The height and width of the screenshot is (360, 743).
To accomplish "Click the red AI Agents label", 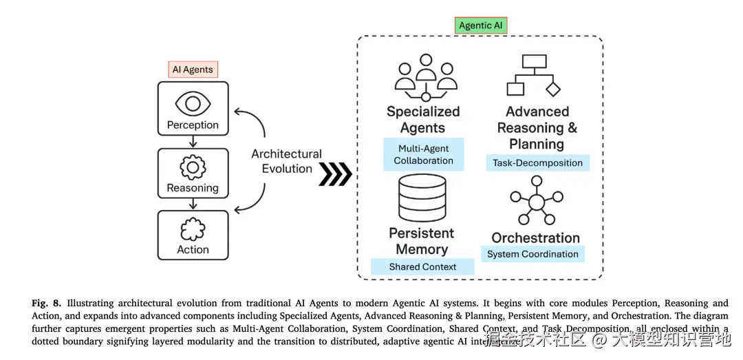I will [x=193, y=70].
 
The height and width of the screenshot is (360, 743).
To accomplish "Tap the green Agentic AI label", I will [x=481, y=25].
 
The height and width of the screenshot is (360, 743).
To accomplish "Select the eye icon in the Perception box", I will [x=193, y=103].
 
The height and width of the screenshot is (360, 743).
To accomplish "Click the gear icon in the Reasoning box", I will [x=193, y=168].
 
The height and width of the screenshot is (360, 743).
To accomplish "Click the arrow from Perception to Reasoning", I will [x=193, y=141].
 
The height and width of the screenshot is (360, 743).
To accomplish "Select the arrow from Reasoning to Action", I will [x=193, y=203].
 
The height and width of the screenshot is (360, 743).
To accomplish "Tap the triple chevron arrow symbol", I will [x=336, y=175].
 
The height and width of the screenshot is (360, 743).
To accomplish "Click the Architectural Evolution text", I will [x=286, y=161].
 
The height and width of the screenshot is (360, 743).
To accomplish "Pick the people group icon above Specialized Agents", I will [x=424, y=77].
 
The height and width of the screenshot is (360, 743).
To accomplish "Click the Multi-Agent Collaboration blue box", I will [x=423, y=154].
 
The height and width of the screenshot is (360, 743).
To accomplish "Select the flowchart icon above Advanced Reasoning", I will [x=533, y=75].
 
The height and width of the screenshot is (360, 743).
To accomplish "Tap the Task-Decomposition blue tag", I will [x=537, y=163].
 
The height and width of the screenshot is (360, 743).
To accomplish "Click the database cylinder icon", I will [x=422, y=198].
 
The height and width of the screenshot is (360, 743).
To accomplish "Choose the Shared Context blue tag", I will [x=422, y=266].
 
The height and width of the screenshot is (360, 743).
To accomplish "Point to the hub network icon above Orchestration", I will [x=536, y=200].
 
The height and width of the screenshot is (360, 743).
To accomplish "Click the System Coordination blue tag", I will [x=532, y=254].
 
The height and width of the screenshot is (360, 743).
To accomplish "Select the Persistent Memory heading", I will [x=422, y=241].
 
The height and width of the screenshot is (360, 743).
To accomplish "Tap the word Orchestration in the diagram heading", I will [x=535, y=238].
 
